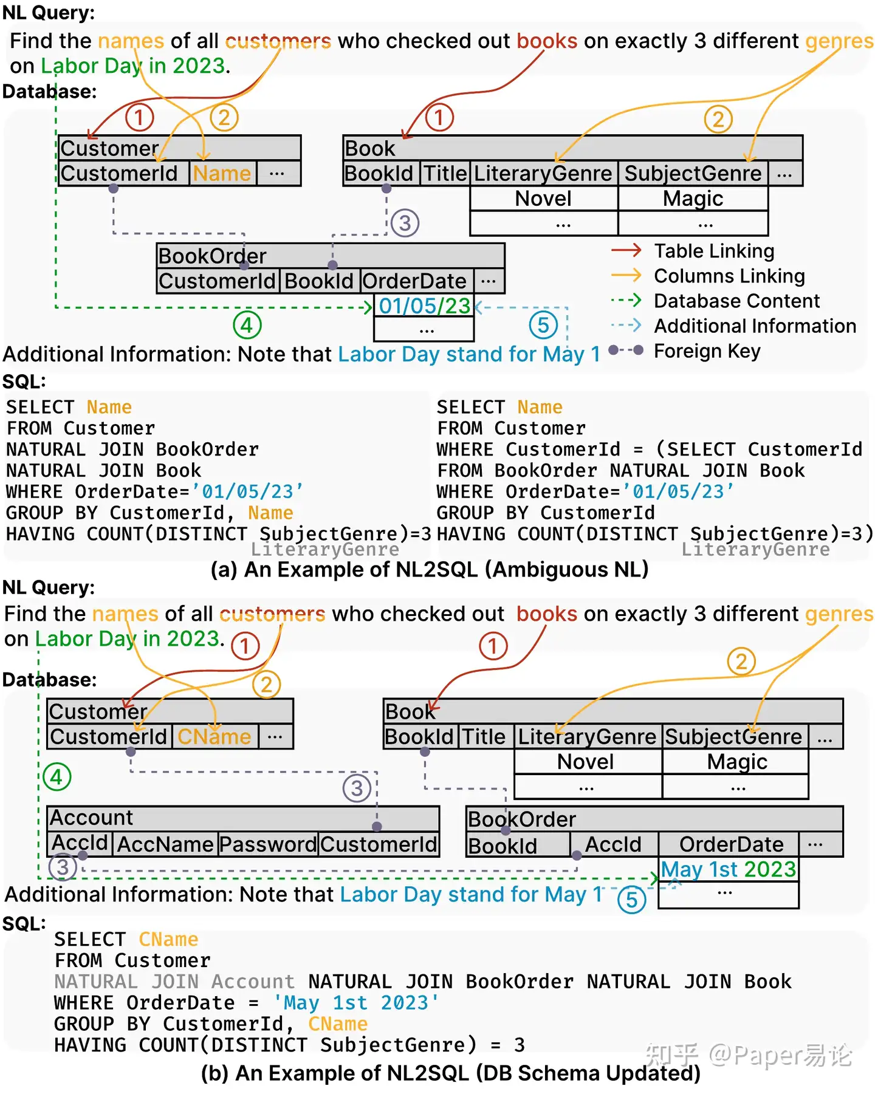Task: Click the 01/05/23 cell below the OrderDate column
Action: coord(424,306)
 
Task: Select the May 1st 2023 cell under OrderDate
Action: coord(728,869)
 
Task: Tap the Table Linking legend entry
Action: coord(713,251)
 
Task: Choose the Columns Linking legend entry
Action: coord(729,276)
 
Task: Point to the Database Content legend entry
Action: coord(736,301)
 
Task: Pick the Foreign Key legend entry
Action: coord(707,351)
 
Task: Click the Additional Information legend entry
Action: coord(755,326)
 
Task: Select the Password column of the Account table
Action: coord(268,844)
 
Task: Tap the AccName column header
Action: coord(165,844)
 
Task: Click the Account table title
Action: coord(91,818)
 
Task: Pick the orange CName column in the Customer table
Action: coord(214,737)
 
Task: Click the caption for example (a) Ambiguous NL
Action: coord(429,570)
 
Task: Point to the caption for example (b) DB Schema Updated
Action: coord(450,1073)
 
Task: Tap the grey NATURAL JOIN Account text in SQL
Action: coord(174,982)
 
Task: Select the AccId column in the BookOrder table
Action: coord(612,844)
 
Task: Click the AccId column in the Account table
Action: coord(80,843)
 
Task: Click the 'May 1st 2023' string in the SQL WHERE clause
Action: coord(355,1003)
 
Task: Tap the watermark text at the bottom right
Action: coord(748,1055)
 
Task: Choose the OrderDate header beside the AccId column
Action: coord(731,844)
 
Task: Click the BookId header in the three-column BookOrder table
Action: coord(503,846)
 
